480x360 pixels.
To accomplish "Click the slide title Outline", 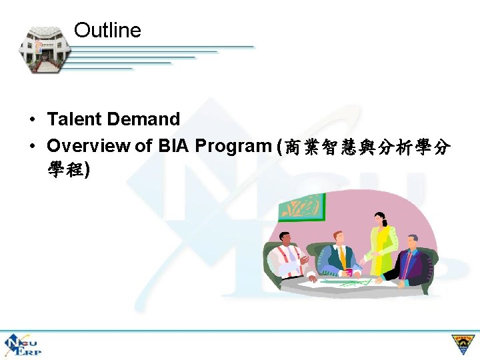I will (107, 31).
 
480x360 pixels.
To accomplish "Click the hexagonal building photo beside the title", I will (41, 50).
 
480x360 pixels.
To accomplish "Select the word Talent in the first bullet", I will (75, 119).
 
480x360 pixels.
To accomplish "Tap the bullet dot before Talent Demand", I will (32, 120).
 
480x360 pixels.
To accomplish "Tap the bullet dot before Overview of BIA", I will (32, 146).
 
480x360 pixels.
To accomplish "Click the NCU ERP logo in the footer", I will (21, 345).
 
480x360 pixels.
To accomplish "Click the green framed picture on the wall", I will (301, 207).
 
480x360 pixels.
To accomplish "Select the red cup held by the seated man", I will (348, 271).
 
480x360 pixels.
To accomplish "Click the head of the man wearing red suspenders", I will (285, 239).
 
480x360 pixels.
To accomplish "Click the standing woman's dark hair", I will (380, 217).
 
